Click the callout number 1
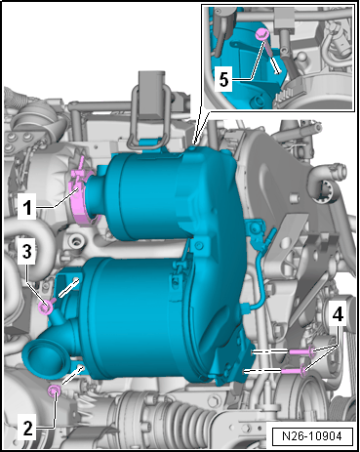(26, 207)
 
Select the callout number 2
(28, 428)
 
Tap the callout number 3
(27, 251)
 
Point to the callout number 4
(338, 314)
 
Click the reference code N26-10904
(312, 435)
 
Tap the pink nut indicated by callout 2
(54, 390)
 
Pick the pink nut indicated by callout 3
(45, 308)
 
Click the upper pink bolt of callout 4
(301, 351)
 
